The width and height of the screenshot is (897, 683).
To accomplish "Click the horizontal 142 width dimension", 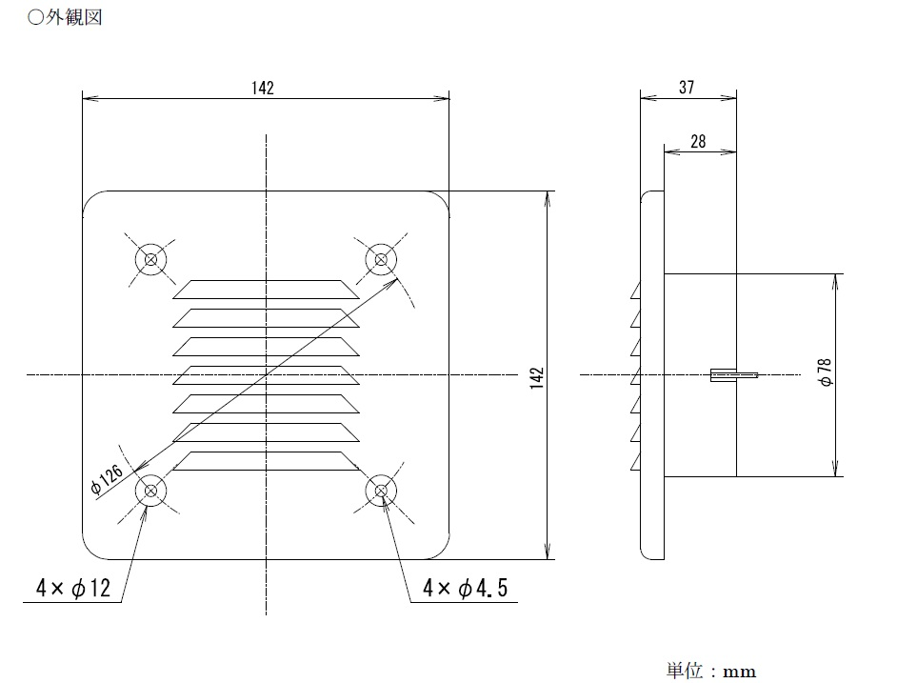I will coord(263,88).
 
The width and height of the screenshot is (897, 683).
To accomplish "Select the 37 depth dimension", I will coord(687,87).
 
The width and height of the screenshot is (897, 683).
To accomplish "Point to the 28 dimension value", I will coord(698,141).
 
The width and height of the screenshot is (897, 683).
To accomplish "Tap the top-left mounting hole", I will coord(150,258).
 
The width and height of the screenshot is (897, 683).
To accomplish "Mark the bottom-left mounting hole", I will coord(150,491).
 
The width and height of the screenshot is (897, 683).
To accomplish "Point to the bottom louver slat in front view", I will coord(267,461).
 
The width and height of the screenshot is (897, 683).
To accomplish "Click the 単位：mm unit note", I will coord(710,671).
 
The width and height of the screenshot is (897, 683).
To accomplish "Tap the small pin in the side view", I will coord(733,374).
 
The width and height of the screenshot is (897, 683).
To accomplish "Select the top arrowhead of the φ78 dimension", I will coord(836,280).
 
